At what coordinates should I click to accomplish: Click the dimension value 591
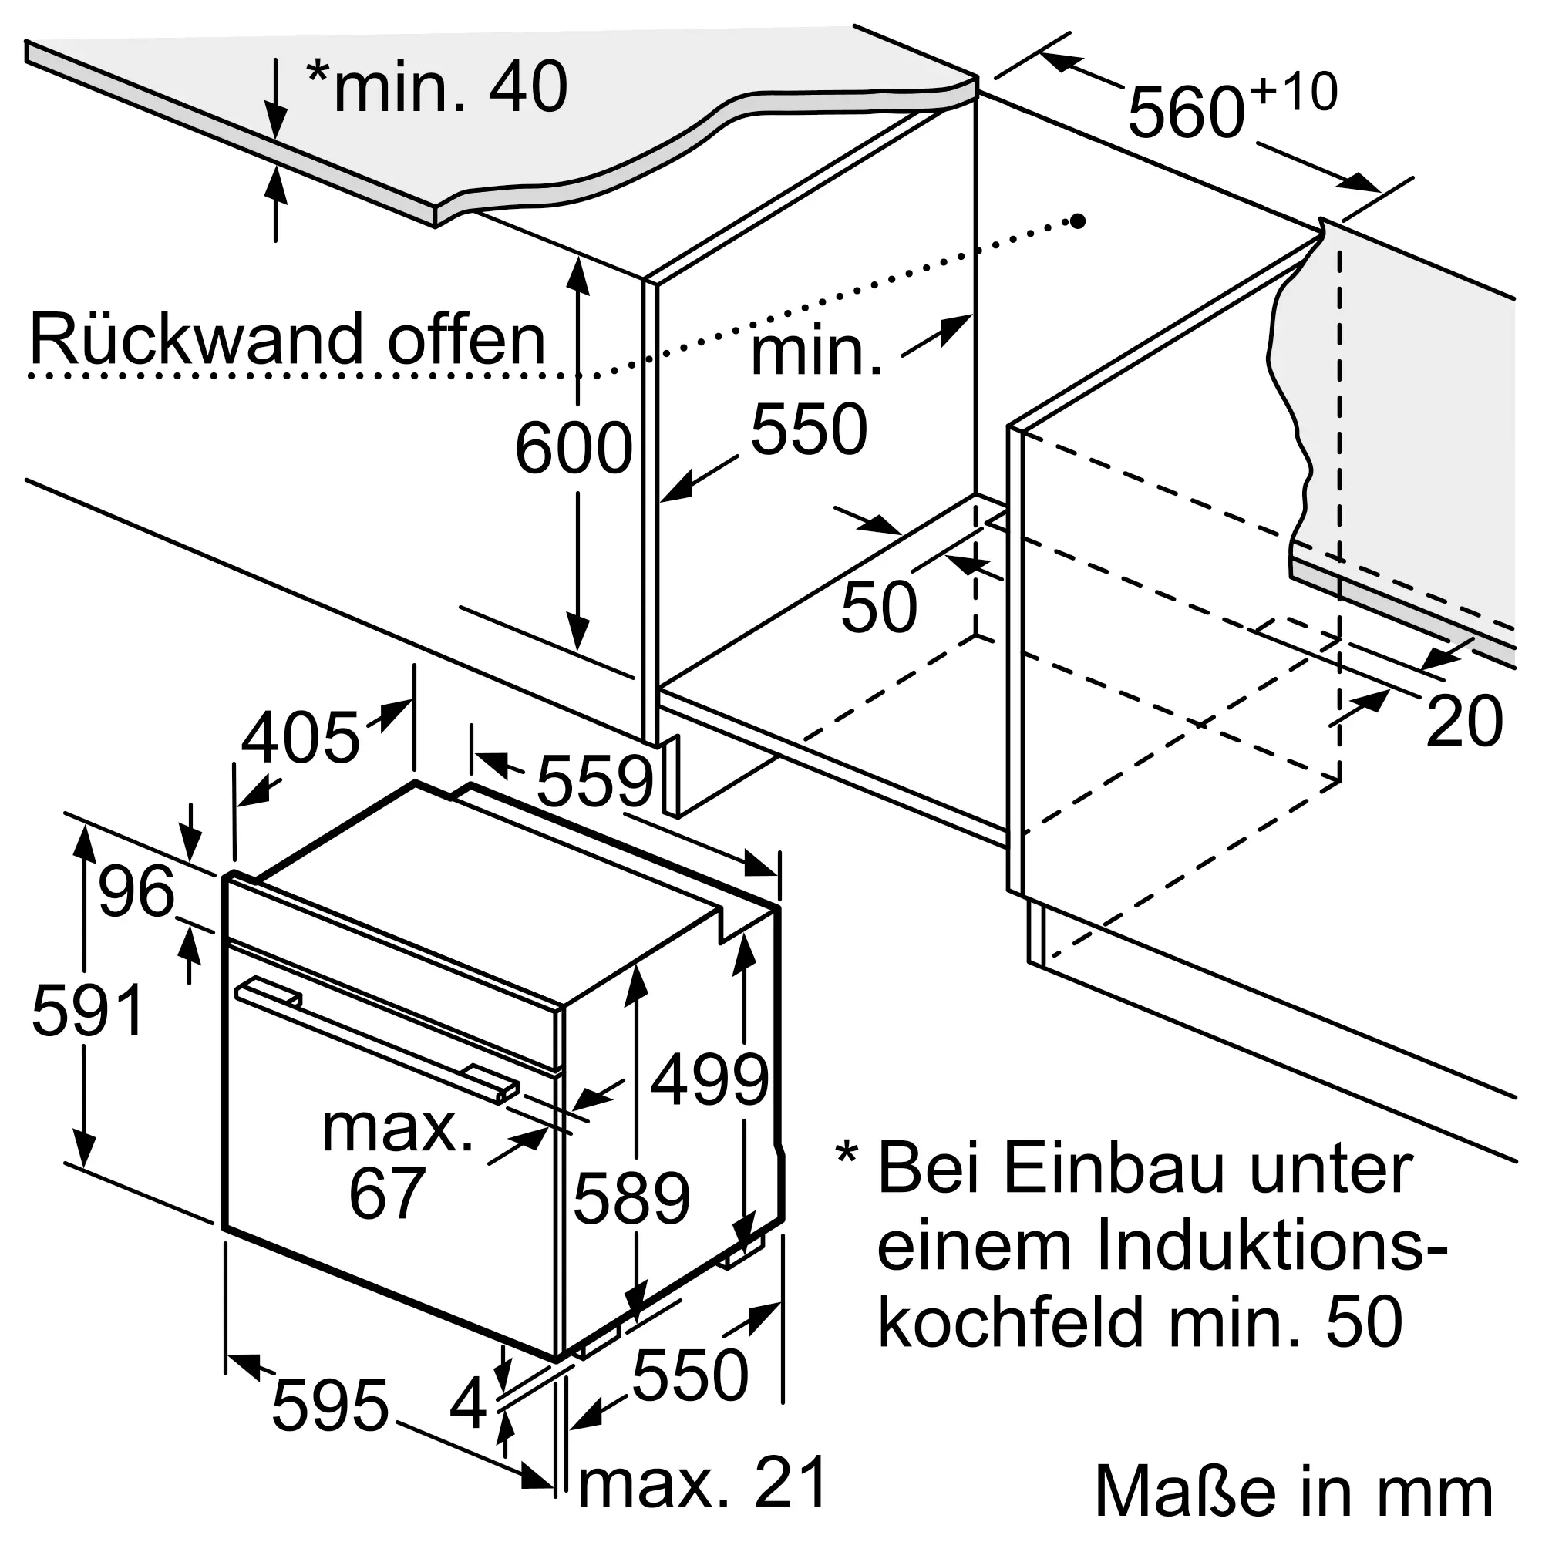pos(88,1012)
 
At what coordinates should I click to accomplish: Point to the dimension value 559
pos(594,781)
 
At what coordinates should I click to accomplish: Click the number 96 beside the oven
pos(136,891)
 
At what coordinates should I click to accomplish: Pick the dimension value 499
pos(709,1081)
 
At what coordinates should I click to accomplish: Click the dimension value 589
pos(631,1199)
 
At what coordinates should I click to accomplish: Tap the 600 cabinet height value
pos(574,449)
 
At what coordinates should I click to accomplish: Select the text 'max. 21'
pos(702,1483)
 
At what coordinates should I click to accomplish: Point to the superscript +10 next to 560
pos(1294,93)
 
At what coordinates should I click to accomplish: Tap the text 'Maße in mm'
pos(1294,1490)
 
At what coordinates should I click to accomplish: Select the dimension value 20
pos(1464,722)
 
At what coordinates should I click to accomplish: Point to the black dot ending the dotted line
pos(1078,221)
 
